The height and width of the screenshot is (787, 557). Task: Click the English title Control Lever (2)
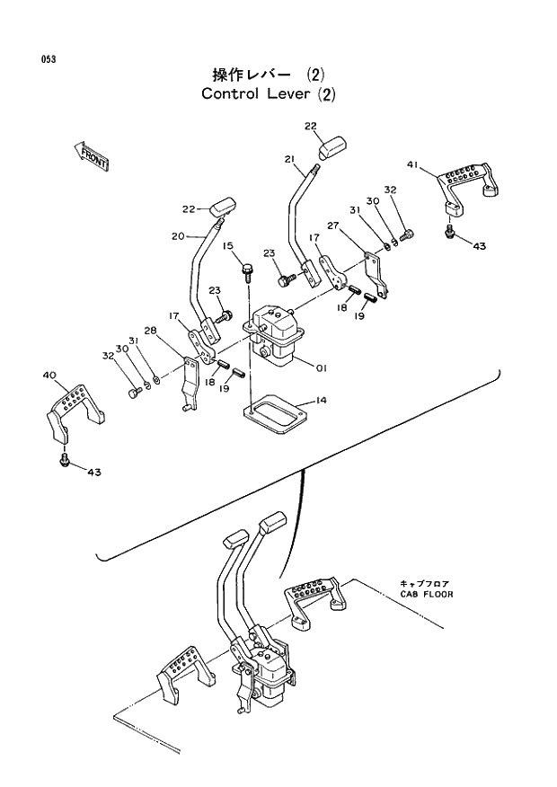click(269, 93)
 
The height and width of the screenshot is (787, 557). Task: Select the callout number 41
click(412, 164)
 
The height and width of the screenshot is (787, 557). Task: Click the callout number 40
click(49, 375)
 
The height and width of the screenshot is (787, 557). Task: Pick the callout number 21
click(289, 159)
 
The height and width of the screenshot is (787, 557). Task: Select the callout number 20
click(177, 236)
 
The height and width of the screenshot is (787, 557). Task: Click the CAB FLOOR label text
click(427, 595)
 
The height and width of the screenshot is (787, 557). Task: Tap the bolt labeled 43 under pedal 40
click(65, 460)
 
